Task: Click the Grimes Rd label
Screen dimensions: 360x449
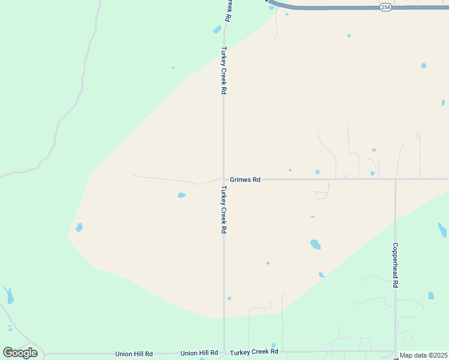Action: tap(245, 179)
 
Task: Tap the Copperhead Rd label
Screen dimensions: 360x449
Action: tap(395, 265)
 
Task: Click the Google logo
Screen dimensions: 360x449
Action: tap(20, 353)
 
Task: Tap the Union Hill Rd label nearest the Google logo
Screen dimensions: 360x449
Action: tap(134, 353)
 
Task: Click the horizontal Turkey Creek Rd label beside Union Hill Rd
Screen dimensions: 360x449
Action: tap(254, 352)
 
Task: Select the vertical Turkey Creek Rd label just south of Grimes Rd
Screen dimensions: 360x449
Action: tap(223, 209)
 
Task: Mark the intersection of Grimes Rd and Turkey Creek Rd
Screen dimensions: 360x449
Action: tap(224, 179)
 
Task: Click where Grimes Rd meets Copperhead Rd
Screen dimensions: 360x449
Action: tap(395, 179)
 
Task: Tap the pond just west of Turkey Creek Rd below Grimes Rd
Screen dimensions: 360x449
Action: tap(181, 195)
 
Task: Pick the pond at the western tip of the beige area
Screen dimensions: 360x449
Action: tap(79, 227)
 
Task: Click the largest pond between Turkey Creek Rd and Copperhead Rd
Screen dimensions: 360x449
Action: tap(315, 244)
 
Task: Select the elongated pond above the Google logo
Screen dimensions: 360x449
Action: tap(8, 295)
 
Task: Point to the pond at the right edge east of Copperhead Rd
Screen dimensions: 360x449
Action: tap(442, 230)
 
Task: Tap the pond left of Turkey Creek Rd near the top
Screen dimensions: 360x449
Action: tap(217, 29)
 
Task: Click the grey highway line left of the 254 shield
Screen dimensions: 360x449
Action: tap(324, 8)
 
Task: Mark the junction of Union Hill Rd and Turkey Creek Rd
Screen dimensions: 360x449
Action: tap(224, 353)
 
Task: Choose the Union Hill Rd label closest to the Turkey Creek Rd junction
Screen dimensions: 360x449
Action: tap(199, 353)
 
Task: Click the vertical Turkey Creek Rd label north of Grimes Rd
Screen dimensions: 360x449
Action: tap(223, 70)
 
